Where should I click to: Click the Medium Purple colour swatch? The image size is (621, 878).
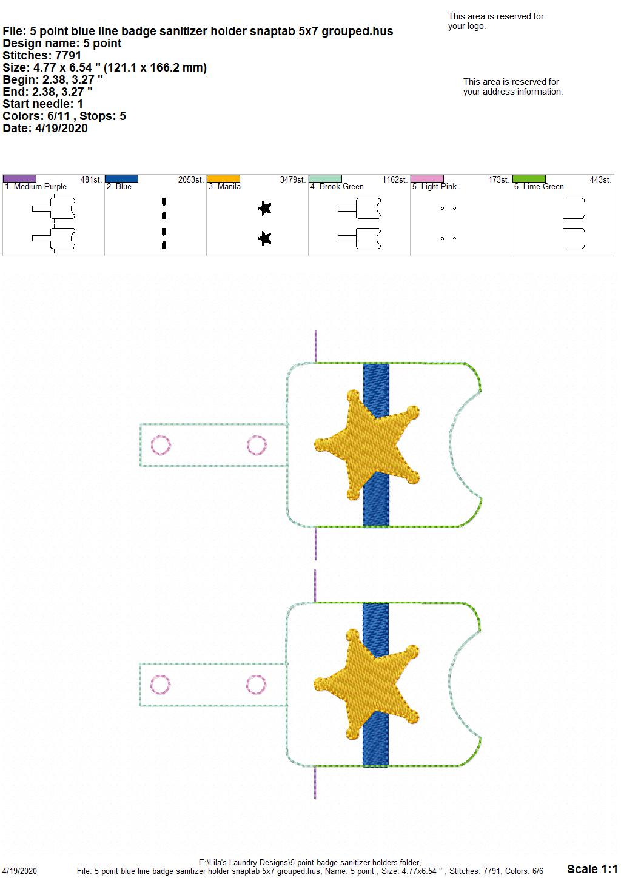[x=19, y=178]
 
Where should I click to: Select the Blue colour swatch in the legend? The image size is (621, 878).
[x=121, y=178]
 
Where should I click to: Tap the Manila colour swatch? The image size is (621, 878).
[x=223, y=178]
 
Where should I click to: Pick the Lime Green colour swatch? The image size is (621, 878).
[x=529, y=178]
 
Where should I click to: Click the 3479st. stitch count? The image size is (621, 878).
[x=292, y=179]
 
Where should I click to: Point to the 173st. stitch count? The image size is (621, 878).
[x=498, y=179]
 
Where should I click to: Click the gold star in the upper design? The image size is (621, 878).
[x=367, y=444]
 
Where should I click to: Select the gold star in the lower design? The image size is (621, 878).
[x=366, y=685]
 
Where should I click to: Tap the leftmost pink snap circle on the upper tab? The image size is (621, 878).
[x=161, y=445]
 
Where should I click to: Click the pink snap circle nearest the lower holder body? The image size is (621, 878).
[x=257, y=685]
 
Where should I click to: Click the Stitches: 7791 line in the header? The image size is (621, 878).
[x=42, y=55]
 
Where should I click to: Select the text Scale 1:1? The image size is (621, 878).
[x=592, y=868]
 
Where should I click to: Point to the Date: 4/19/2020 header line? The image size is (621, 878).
[x=45, y=128]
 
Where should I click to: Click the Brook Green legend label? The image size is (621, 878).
[x=337, y=187]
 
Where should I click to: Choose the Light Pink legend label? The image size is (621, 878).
[x=434, y=187]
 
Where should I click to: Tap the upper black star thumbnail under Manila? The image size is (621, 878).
[x=265, y=208]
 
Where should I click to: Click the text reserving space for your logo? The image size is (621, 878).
[x=495, y=21]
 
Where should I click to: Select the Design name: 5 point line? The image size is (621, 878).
[x=62, y=43]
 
